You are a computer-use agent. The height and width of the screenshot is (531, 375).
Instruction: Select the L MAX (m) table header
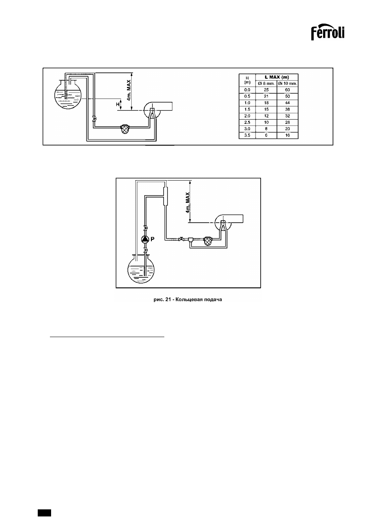[x=277, y=77]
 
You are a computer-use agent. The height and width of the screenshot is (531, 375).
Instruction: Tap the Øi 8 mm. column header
[x=266, y=83]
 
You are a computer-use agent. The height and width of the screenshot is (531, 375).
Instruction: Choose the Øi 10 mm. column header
[x=287, y=83]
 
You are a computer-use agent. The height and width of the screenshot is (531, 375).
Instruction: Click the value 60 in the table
[x=287, y=90]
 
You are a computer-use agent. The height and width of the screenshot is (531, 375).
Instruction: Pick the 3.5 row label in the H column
[x=247, y=135]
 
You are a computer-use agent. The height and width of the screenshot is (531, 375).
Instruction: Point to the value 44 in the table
[x=287, y=103]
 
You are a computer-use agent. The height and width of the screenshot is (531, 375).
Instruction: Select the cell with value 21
[x=266, y=96]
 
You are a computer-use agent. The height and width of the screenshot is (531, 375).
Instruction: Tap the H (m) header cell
[x=247, y=80]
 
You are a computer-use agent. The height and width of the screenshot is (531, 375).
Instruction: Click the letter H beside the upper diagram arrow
[x=118, y=104]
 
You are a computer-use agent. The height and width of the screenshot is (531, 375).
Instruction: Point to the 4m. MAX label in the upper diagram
[x=129, y=90]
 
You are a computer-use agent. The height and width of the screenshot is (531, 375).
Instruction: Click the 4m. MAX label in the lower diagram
[x=187, y=203]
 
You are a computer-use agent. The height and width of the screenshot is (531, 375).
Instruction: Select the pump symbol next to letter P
[x=145, y=240]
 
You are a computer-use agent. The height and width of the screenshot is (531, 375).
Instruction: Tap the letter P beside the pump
[x=153, y=239]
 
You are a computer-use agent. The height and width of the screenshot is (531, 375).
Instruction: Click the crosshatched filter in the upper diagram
[x=125, y=129]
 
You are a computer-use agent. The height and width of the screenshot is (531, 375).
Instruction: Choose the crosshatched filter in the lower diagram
[x=208, y=241]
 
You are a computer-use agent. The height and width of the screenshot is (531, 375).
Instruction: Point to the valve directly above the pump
[x=145, y=228]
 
